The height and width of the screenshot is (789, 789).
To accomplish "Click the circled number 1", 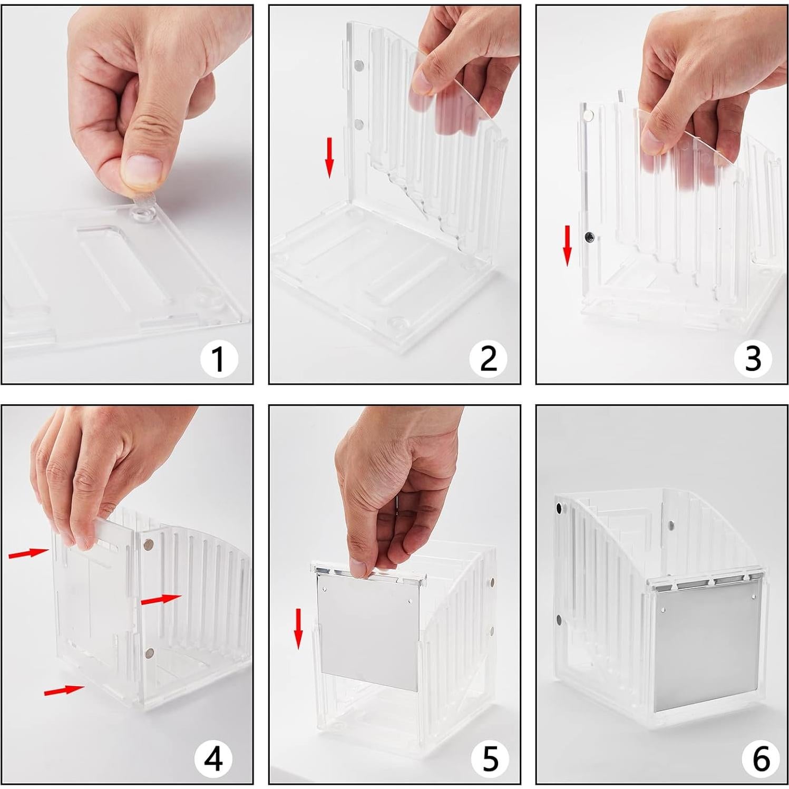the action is pyautogui.click(x=218, y=358).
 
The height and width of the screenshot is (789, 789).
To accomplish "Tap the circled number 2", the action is pyautogui.click(x=488, y=358).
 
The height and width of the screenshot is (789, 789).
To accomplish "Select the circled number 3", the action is pyautogui.click(x=753, y=358).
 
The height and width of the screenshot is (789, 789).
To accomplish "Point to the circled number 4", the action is pyautogui.click(x=213, y=759).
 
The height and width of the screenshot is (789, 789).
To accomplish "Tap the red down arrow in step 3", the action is pyautogui.click(x=567, y=245).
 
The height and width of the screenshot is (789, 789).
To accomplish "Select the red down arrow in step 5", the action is pyautogui.click(x=298, y=629).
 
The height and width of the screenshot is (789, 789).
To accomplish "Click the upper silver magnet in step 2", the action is pyautogui.click(x=360, y=66).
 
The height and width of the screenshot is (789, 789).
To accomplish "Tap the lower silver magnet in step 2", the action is pyautogui.click(x=360, y=124).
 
